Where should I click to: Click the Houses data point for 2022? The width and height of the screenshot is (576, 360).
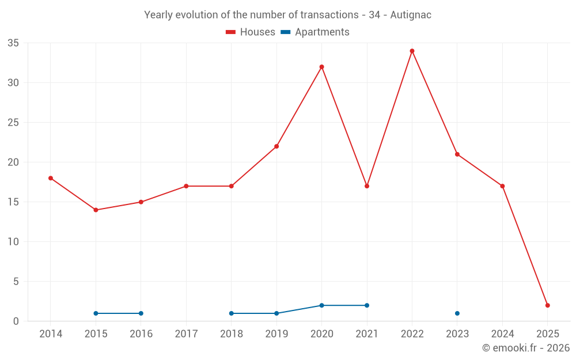412,51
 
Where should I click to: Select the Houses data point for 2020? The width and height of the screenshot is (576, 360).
321,67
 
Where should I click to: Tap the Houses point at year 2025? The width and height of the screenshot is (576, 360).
547,305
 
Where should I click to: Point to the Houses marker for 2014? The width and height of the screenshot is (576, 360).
51,178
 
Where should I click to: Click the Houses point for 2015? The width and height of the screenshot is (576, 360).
96,210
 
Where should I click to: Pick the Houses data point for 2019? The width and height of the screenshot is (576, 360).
276,146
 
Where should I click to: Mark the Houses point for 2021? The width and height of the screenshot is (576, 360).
367,186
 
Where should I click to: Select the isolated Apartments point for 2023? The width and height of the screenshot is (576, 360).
457,313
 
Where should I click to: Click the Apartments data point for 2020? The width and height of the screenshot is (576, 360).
321,305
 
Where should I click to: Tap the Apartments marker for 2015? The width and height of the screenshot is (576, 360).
96,313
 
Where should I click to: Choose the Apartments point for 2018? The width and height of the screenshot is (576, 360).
231,313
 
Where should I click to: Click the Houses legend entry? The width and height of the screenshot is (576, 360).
251,32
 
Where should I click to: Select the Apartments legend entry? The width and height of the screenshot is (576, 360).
315,32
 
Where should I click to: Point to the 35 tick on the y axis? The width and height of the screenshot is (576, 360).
13,43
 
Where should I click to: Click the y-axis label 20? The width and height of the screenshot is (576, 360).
13,162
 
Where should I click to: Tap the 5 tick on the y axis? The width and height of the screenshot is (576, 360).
16,282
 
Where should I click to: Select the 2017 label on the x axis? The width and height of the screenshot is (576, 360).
186,334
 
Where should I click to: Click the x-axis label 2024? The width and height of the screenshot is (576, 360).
502,334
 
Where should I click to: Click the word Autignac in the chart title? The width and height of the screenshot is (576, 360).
411,15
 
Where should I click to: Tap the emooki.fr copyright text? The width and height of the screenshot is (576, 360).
525,348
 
